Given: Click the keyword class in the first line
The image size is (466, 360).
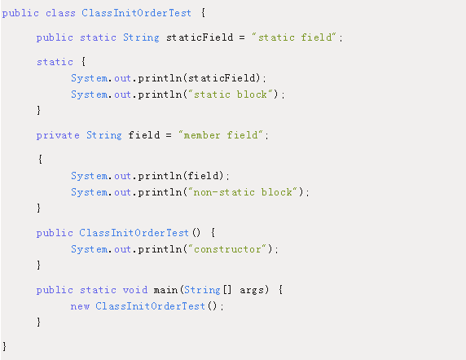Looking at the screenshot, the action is (60, 13).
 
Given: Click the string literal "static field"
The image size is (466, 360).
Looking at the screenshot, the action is (294, 37).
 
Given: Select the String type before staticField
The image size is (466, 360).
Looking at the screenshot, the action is (141, 37).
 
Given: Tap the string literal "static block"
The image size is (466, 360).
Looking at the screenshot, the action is (231, 94).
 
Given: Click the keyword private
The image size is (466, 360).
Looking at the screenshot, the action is (58, 135).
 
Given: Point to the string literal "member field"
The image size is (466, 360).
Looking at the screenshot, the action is (221, 135).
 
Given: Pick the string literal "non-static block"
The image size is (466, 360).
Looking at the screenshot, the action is (243, 192).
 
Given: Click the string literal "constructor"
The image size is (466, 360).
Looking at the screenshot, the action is (227, 249).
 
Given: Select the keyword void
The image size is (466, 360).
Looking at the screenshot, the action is (135, 290).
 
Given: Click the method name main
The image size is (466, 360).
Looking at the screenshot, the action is (165, 290).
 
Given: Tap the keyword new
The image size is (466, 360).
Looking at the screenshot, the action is (80, 306).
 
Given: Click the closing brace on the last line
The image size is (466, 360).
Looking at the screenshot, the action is (4, 347).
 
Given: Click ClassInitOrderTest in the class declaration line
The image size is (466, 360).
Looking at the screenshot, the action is (136, 13).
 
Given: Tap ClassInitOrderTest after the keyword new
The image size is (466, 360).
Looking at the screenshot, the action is (151, 306).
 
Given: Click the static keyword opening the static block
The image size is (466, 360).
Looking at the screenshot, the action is (55, 62).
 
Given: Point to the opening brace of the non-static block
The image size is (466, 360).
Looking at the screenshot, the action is (40, 160).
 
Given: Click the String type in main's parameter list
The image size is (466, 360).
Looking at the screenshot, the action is (202, 290).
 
